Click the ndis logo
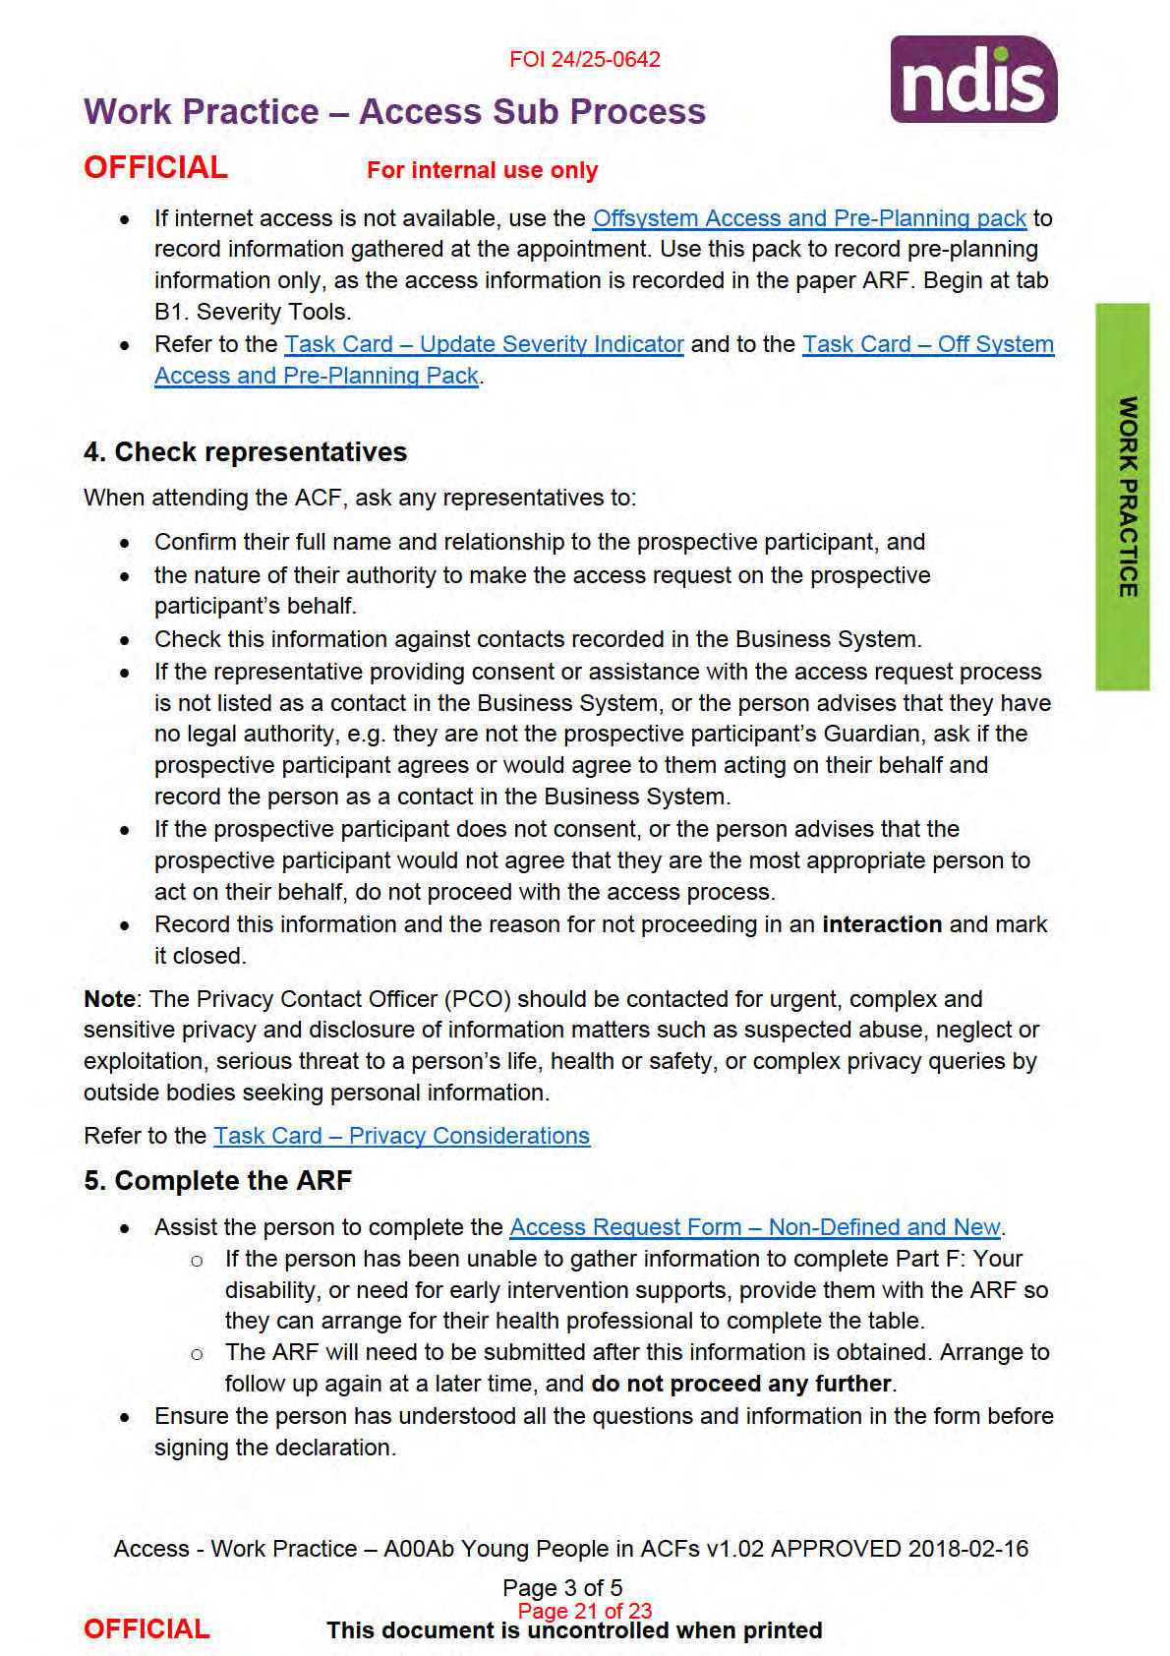click(x=972, y=80)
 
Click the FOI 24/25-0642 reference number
click(x=584, y=59)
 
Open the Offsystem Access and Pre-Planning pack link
click(x=808, y=218)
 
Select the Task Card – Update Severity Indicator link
click(x=484, y=344)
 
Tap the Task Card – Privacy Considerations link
click(x=401, y=1136)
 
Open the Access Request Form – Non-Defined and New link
click(x=754, y=1227)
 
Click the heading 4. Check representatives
click(x=245, y=452)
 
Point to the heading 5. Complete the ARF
click(x=217, y=1181)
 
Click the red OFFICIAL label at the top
click(x=155, y=168)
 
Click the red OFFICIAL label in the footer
click(x=146, y=1629)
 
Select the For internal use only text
click(x=482, y=170)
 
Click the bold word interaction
click(x=882, y=924)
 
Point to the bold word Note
click(x=109, y=999)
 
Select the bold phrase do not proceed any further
click(x=740, y=1384)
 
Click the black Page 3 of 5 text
click(x=561, y=1588)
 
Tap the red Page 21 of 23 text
click(x=585, y=1611)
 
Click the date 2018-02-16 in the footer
click(x=967, y=1549)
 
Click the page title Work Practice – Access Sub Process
click(x=394, y=112)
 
